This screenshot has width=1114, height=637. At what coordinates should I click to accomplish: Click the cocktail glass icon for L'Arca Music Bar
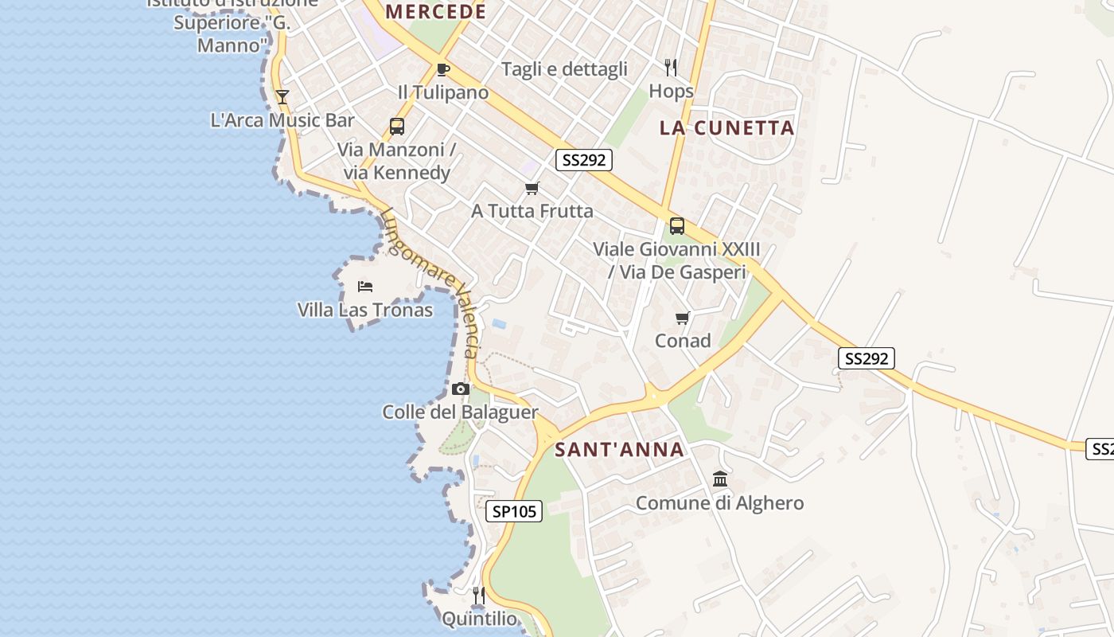[282, 97]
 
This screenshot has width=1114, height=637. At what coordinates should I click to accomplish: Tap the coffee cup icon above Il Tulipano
[443, 69]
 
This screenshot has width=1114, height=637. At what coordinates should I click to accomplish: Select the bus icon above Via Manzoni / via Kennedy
[396, 126]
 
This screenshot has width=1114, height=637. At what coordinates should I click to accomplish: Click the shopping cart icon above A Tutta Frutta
[532, 189]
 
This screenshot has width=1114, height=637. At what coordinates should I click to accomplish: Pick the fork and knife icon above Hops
[671, 68]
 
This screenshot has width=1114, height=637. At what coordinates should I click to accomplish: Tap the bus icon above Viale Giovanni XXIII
[676, 226]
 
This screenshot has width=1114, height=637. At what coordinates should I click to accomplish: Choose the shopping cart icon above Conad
[682, 318]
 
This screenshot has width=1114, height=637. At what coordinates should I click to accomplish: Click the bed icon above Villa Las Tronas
[365, 287]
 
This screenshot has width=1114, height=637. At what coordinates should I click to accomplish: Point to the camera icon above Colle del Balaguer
[460, 389]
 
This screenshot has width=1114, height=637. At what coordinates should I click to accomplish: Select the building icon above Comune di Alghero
[720, 479]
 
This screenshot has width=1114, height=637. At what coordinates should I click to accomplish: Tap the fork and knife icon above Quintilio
[478, 596]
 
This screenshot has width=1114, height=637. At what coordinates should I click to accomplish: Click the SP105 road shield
[514, 511]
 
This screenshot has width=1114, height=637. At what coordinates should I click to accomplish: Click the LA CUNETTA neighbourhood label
[727, 128]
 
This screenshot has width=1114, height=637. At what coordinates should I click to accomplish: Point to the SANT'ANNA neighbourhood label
[620, 450]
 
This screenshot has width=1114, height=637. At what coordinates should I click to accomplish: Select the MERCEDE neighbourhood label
[435, 12]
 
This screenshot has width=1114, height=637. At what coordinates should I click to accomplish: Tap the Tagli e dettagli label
[564, 69]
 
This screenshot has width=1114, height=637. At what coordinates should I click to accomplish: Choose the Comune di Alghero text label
[719, 503]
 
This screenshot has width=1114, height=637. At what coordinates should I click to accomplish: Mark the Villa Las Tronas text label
[365, 310]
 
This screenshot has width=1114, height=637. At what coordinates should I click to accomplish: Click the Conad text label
[683, 341]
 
